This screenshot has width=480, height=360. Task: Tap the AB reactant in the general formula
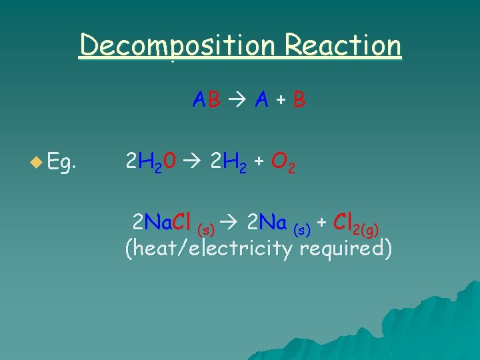(206, 100)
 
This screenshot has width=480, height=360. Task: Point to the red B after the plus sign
(299, 100)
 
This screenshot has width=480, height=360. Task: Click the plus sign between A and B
(281, 101)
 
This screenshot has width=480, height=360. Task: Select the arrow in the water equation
(193, 161)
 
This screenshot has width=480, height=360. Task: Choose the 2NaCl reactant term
(163, 221)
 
